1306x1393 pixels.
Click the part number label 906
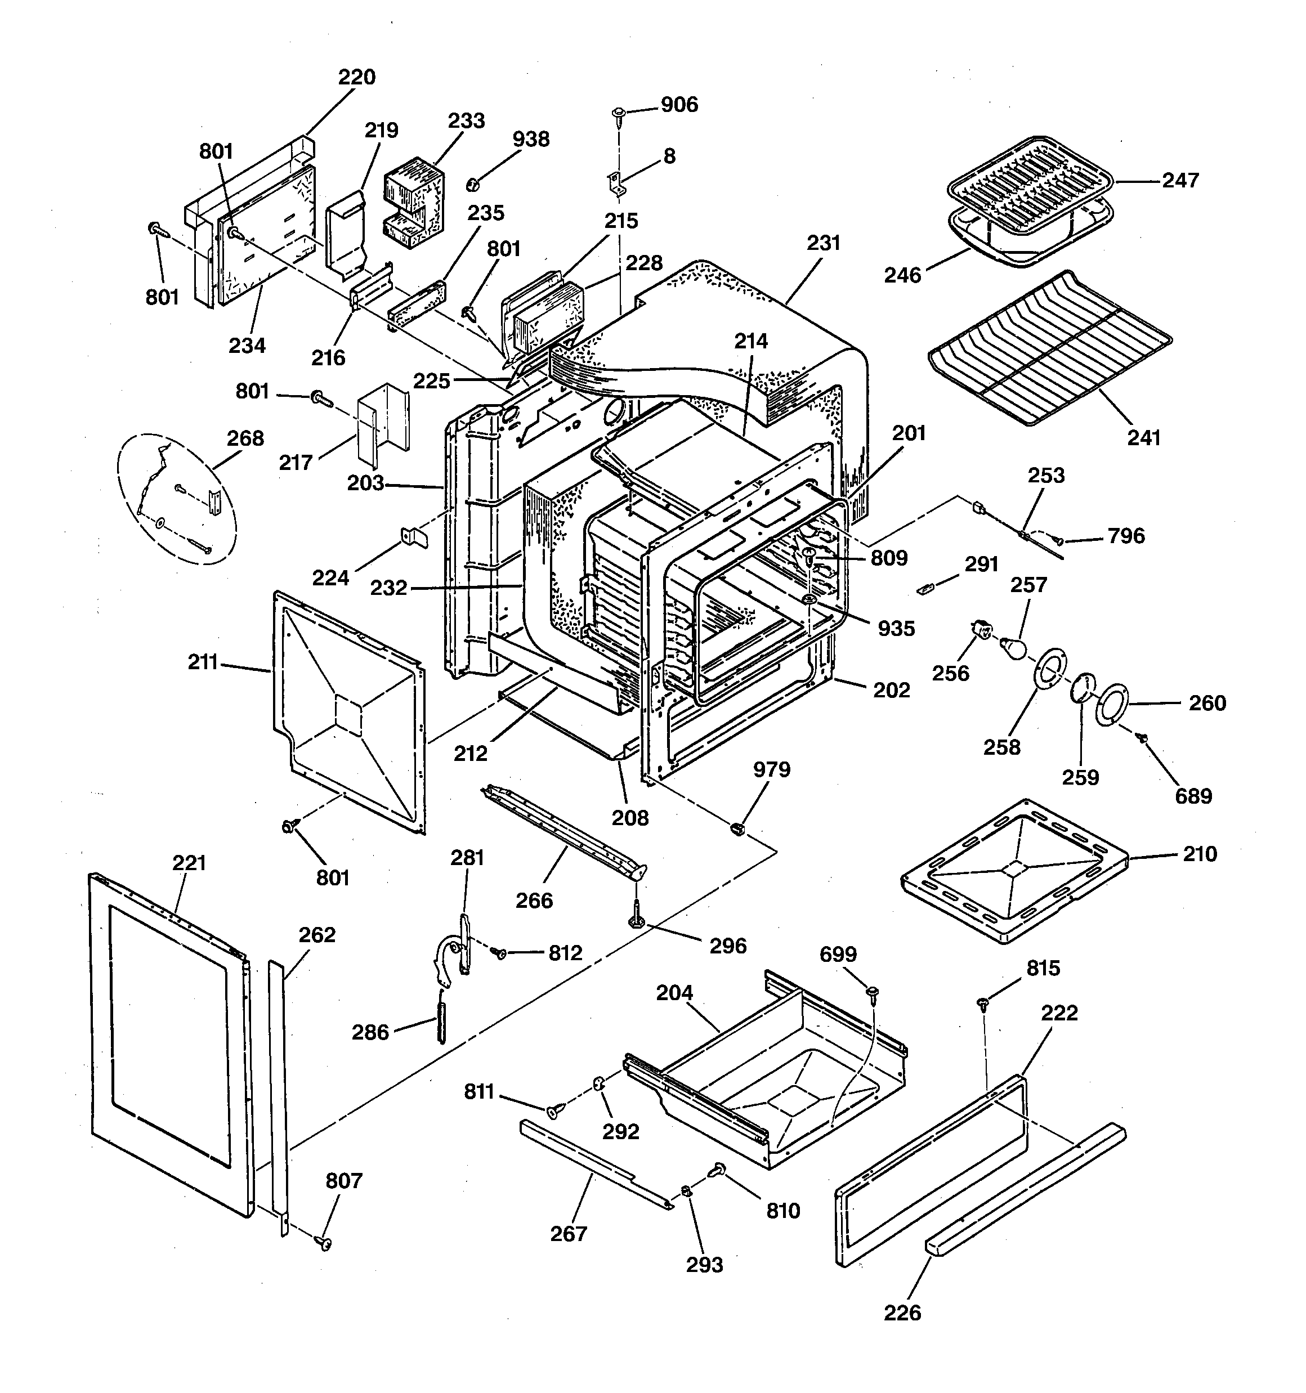(679, 105)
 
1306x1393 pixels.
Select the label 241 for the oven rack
(1143, 438)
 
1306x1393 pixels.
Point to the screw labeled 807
(325, 1242)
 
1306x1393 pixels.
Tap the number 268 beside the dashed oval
(245, 438)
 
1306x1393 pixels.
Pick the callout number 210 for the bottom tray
(1200, 854)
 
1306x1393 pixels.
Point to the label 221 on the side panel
(189, 863)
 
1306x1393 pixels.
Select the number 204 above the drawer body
(674, 993)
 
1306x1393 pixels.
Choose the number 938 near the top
(531, 140)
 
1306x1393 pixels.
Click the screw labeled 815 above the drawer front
(983, 1005)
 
